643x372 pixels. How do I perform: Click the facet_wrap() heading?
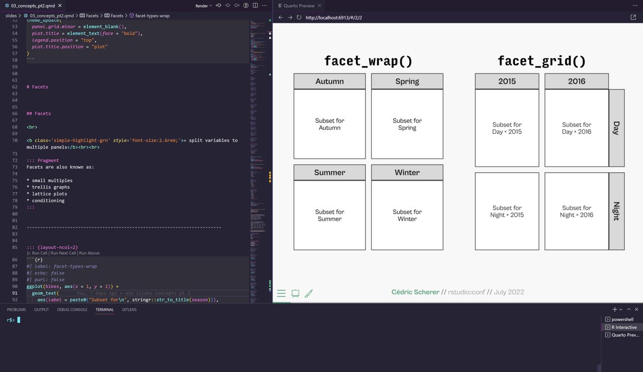[x=368, y=61]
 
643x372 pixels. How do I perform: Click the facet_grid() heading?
[x=542, y=61]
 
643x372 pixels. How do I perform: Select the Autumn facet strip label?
[x=330, y=82]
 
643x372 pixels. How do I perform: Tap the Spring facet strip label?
[x=407, y=82]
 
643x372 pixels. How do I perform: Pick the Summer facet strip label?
[x=330, y=172]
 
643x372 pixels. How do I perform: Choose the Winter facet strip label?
[x=407, y=172]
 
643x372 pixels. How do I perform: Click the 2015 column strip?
[x=507, y=82]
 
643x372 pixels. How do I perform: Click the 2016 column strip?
[x=577, y=82]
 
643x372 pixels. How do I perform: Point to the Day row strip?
[x=617, y=128]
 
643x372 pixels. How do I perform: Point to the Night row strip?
[x=617, y=211]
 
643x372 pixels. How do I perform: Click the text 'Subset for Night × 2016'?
[x=577, y=211]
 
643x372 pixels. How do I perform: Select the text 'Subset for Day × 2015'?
[x=507, y=128]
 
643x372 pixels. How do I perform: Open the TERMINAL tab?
[x=104, y=310]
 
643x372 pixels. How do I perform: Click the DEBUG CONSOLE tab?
[x=72, y=310]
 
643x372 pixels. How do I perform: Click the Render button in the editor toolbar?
[x=201, y=6]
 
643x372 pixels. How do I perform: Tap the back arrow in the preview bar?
[x=281, y=17]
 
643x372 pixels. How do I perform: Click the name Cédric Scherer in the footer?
[x=415, y=292]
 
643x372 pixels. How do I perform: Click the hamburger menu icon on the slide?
[x=281, y=294]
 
